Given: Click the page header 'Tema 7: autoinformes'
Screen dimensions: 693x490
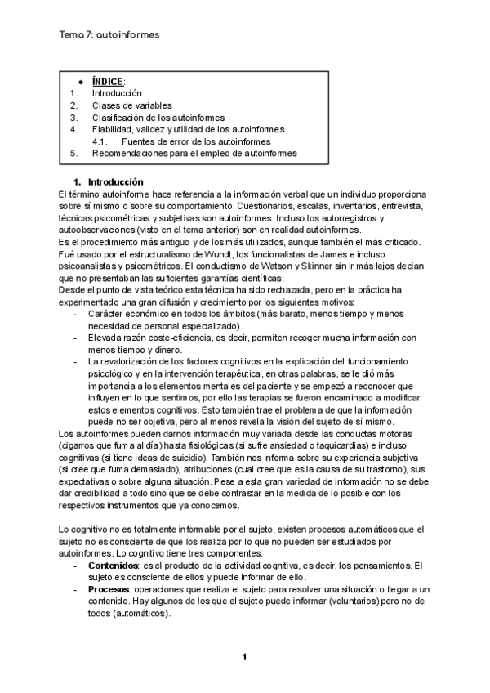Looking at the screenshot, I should tap(109, 35).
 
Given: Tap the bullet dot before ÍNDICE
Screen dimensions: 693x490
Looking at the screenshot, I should tap(81, 82).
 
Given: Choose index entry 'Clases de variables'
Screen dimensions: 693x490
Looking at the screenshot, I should tap(131, 105).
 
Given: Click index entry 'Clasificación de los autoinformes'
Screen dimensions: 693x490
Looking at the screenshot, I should tap(158, 117).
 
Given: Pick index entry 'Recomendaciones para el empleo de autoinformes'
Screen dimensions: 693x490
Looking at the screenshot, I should tap(194, 153).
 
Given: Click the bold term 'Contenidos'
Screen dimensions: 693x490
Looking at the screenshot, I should tap(113, 565).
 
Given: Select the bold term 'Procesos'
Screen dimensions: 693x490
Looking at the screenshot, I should tap(108, 589).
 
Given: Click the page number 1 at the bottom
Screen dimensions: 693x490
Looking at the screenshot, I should tap(243, 656).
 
